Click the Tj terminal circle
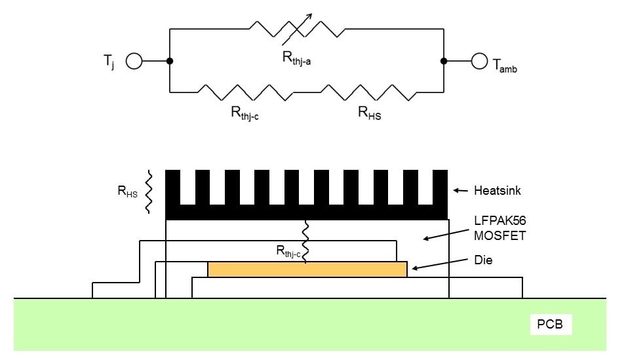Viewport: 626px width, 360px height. point(134,62)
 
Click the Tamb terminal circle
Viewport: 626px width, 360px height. point(480,62)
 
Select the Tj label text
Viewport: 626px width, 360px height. point(108,63)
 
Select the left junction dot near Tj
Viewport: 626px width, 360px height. point(170,62)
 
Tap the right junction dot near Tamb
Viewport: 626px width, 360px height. point(444,62)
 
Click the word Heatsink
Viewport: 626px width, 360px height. point(496,191)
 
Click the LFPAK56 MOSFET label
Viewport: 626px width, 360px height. point(499,230)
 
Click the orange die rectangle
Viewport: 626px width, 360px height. point(307,269)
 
